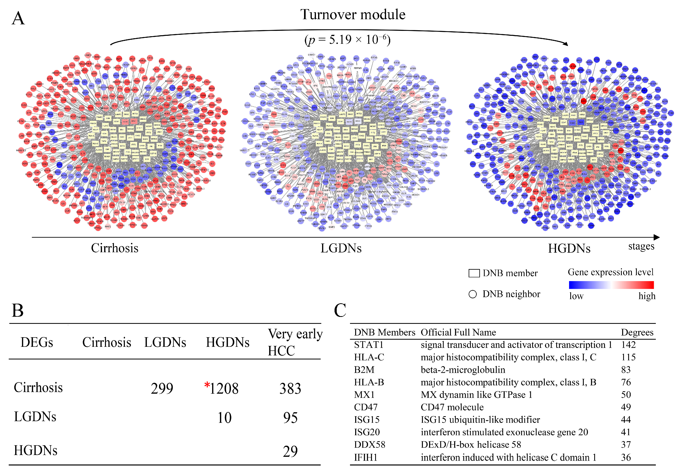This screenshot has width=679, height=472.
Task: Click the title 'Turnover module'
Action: pyautogui.click(x=353, y=14)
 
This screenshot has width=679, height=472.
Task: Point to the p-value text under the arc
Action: pyautogui.click(x=347, y=39)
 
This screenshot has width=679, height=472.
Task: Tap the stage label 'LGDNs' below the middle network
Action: pyautogui.click(x=341, y=248)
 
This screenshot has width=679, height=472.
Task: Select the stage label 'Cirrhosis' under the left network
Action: pyautogui.click(x=114, y=248)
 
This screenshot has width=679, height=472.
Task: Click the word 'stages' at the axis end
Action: pyautogui.click(x=641, y=246)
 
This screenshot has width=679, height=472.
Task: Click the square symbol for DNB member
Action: pyautogui.click(x=474, y=273)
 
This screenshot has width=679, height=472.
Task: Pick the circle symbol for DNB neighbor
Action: pyautogui.click(x=473, y=294)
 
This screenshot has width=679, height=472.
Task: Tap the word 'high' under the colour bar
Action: pyautogui.click(x=647, y=296)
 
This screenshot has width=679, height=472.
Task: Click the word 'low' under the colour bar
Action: pyautogui.click(x=576, y=296)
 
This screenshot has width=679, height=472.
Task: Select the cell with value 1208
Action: pyautogui.click(x=224, y=388)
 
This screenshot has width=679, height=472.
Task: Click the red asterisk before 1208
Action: pyautogui.click(x=207, y=385)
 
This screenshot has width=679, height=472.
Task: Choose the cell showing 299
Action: pyautogui.click(x=162, y=388)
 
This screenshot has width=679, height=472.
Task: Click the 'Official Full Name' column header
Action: pyautogui.click(x=458, y=332)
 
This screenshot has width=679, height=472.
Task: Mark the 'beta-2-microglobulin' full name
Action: pyautogui.click(x=463, y=370)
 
